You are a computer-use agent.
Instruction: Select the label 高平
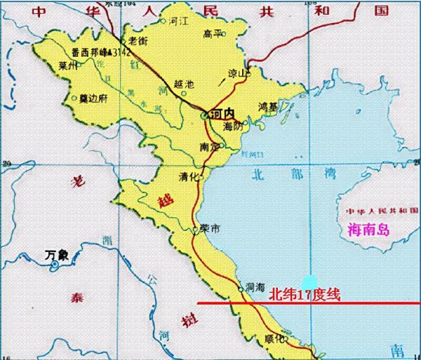coord(212,34)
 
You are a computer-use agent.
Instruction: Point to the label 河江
coord(180,22)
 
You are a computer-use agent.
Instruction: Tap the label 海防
coord(232,127)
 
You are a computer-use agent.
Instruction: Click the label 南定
coord(208,147)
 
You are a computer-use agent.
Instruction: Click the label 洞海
coord(255,287)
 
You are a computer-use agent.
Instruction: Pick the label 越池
coord(183,85)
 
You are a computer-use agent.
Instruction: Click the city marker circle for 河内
coord(203,114)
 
